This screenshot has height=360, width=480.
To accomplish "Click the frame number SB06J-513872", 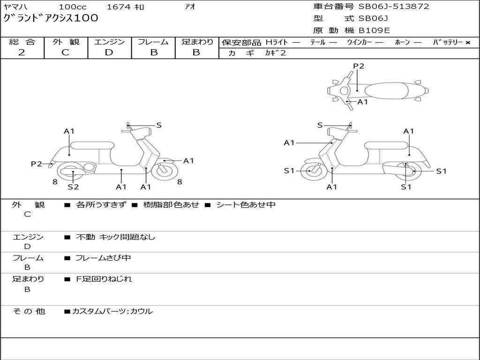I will click(x=394, y=7).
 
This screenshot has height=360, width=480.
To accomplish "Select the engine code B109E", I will click(x=374, y=30).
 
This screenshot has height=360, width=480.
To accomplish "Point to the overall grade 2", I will click(x=22, y=52).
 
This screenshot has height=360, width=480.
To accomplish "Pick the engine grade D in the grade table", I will click(x=109, y=52).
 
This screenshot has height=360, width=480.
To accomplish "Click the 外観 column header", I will click(x=66, y=42).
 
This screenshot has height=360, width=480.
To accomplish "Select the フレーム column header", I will click(x=153, y=42).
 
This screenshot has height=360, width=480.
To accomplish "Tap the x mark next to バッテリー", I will click(x=467, y=42).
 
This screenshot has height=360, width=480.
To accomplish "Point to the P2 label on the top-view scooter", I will click(x=359, y=66).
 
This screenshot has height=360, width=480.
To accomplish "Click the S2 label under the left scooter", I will click(x=73, y=187).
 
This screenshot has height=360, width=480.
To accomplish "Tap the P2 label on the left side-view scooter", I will click(x=37, y=164).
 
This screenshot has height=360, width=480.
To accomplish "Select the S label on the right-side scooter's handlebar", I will click(x=320, y=125).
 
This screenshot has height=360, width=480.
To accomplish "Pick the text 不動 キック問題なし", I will click(x=115, y=237).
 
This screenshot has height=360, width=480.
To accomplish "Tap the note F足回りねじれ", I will click(x=104, y=279).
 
